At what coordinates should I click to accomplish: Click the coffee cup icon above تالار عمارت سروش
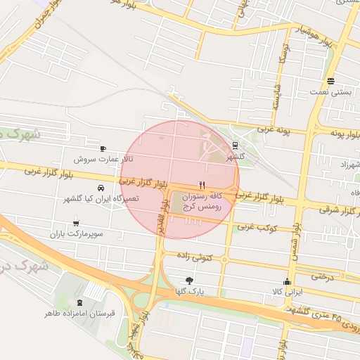103,148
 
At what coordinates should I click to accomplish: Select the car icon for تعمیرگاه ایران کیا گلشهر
102,188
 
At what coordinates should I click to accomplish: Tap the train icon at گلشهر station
235,146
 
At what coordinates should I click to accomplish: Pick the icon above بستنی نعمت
330,82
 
